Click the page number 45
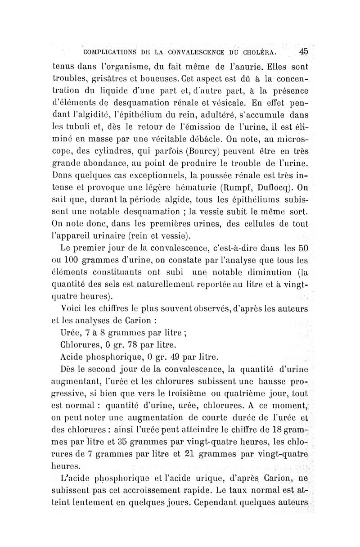tap(302, 51)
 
